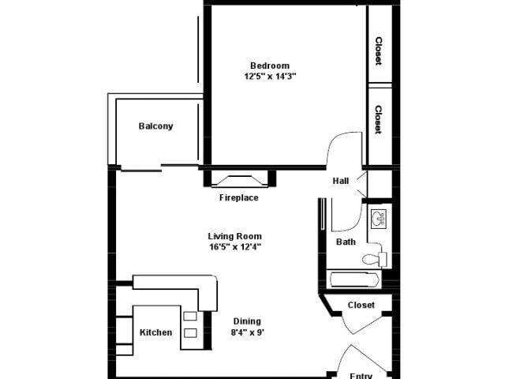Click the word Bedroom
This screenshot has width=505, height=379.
[x=270, y=66]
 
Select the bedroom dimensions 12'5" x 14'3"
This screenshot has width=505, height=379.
[x=270, y=77]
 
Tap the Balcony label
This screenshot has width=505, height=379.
[x=155, y=126]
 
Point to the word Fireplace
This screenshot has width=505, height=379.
[x=238, y=197]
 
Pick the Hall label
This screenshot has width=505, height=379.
[x=340, y=181]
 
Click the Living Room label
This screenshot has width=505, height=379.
[x=234, y=236]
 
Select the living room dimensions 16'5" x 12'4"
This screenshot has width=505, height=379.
[x=234, y=246]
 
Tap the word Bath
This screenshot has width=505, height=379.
[x=345, y=242]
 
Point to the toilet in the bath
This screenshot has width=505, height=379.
[x=372, y=258]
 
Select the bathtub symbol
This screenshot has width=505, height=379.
[x=353, y=280]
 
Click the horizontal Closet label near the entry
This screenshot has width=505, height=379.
[x=361, y=305]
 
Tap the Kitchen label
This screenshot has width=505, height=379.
[x=155, y=332]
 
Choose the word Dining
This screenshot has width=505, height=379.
[x=247, y=321]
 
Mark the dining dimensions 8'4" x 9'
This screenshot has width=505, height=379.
[x=247, y=332]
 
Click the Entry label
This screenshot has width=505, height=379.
[x=361, y=375]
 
